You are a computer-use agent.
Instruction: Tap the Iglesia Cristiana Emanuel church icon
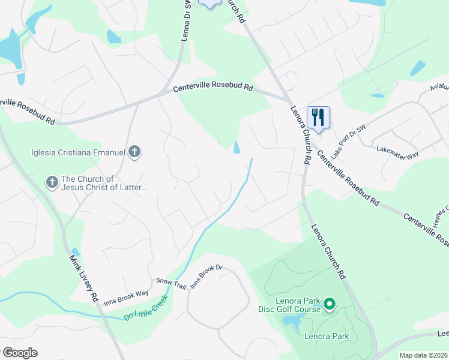(134, 152)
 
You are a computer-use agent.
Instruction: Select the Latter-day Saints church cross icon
(52, 181)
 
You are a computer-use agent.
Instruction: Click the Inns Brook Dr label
(206, 277)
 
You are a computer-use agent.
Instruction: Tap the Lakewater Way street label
(397, 152)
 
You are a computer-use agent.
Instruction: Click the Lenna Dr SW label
(187, 22)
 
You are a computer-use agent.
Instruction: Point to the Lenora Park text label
(327, 336)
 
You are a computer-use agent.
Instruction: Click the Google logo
(20, 353)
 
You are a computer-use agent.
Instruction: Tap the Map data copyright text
(424, 355)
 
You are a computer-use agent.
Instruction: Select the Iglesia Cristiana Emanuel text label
(78, 152)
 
